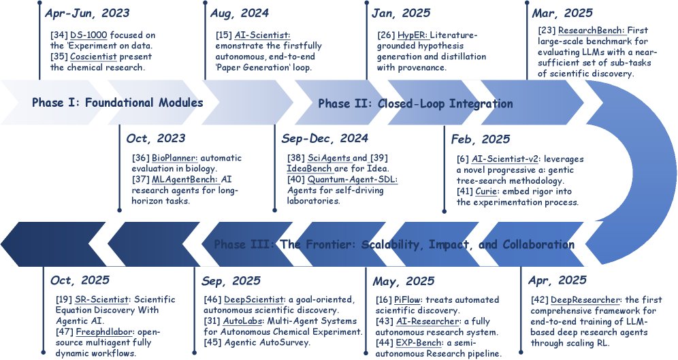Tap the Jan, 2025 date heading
click(x=400, y=13)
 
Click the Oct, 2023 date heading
click(x=156, y=138)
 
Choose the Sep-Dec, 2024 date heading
click(x=325, y=138)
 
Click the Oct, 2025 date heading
click(x=80, y=280)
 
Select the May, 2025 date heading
click(x=404, y=280)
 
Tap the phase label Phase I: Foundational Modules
click(x=118, y=103)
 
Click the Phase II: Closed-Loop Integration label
click(x=415, y=103)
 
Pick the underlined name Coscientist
click(x=95, y=56)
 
